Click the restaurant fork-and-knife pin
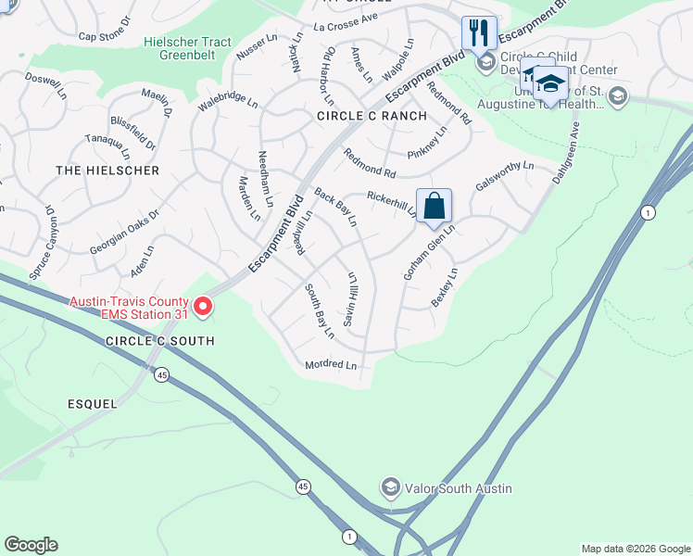[479, 33]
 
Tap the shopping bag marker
[434, 206]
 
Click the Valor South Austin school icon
[391, 487]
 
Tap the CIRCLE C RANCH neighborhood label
[372, 116]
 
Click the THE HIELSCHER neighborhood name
[107, 171]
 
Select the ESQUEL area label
[93, 404]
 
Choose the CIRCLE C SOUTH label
[159, 341]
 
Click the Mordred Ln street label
[331, 366]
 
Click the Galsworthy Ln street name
[505, 176]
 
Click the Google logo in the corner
[31, 545]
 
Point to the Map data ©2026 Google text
[636, 549]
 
